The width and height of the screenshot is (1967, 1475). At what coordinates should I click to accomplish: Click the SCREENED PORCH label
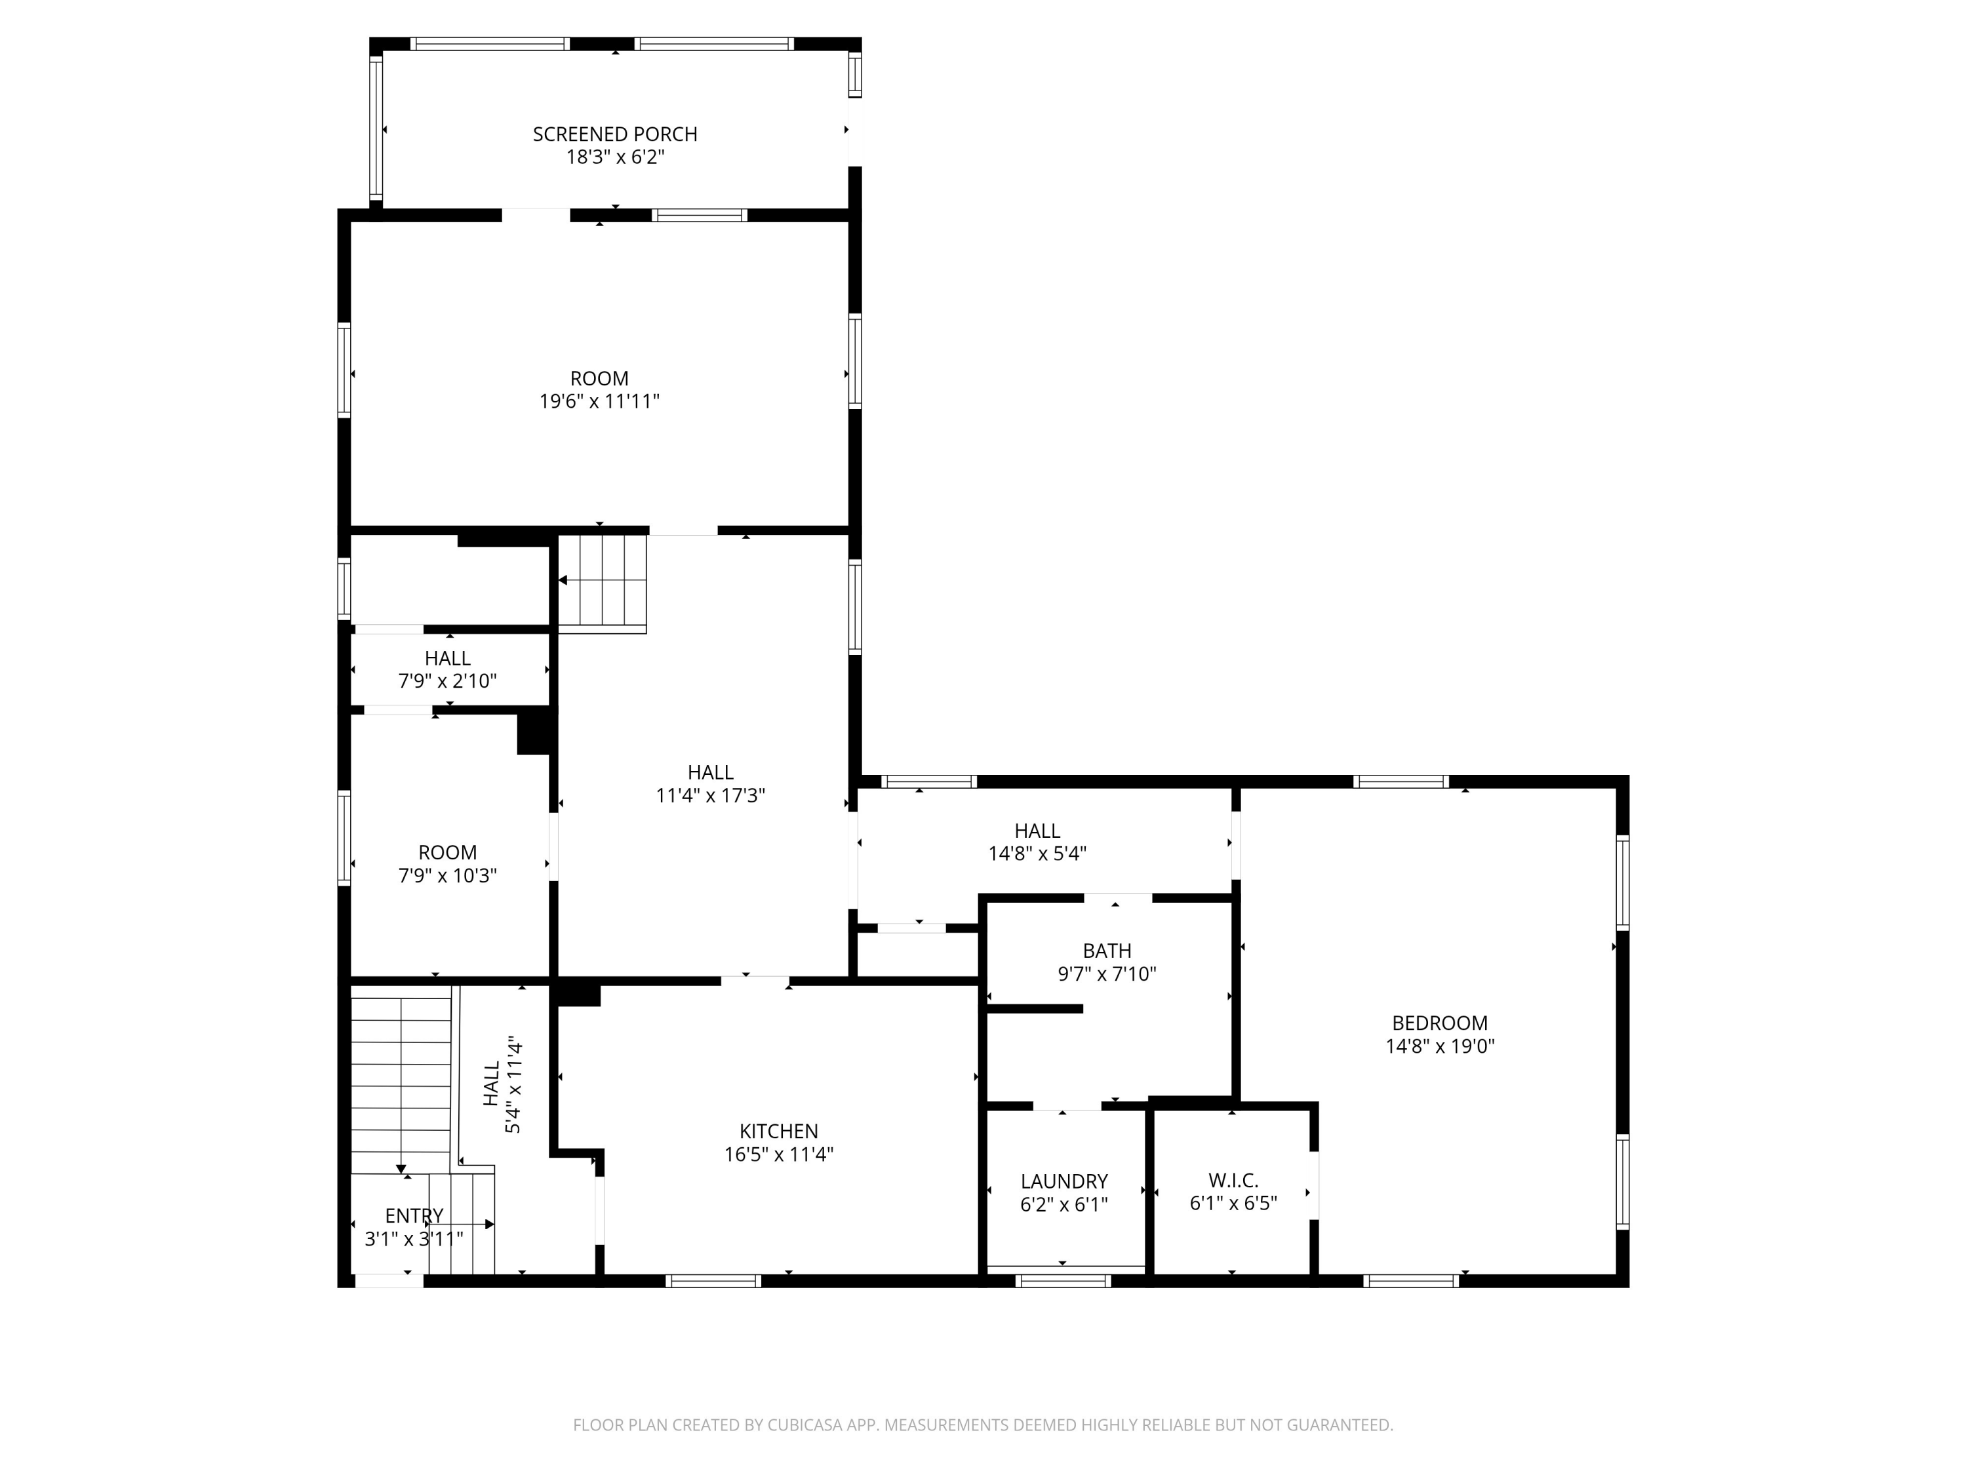point(614,134)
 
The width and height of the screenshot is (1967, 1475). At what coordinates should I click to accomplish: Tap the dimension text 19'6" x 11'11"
point(599,402)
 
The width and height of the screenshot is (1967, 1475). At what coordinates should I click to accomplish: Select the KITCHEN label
point(778,1131)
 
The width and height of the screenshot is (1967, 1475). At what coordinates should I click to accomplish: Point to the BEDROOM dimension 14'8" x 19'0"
point(1440,1046)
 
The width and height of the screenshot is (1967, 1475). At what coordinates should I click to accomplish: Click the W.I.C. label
point(1233,1181)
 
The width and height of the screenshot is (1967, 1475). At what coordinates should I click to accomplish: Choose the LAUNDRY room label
point(1063,1181)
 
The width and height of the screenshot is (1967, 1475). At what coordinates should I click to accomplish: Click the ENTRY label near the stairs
point(414,1215)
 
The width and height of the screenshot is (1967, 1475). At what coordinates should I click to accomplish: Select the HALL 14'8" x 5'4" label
point(1037,831)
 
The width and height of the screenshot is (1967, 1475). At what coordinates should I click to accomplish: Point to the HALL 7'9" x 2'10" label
point(447,659)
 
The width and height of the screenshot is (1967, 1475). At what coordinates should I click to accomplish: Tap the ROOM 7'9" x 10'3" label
point(447,853)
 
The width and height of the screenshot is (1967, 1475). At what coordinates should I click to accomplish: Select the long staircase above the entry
point(401,1080)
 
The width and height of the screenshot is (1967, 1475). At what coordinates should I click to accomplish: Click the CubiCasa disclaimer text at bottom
point(983,1425)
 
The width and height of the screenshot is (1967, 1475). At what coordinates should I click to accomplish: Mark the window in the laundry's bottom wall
point(1063,1281)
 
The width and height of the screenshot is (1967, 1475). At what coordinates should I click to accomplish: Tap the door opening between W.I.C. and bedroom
point(1313,1185)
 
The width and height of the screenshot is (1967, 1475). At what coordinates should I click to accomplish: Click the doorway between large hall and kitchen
point(754,981)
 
